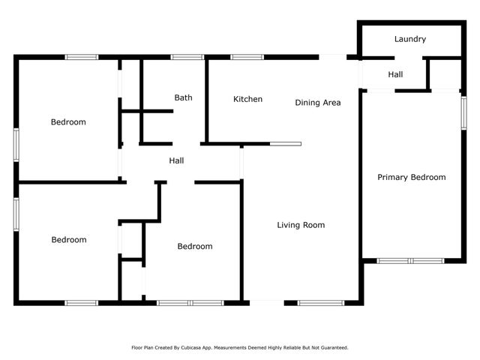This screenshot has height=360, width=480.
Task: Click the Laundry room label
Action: point(409,39)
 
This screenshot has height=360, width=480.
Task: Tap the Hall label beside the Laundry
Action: point(395,74)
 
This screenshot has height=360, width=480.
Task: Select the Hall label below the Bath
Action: point(176,160)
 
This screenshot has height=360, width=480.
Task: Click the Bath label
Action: point(183,97)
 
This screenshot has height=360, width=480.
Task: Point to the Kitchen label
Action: point(247,99)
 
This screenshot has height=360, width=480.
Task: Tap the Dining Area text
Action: point(318,103)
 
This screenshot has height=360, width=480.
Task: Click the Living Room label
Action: point(301,225)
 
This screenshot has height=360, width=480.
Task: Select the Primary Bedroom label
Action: point(411,178)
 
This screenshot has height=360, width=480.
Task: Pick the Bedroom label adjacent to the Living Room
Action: point(194,246)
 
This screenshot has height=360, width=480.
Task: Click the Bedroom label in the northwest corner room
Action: point(68,122)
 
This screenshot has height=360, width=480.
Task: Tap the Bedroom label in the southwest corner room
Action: point(68,240)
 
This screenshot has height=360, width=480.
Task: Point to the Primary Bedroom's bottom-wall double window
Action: point(410,261)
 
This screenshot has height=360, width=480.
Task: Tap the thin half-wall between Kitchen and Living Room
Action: point(286,143)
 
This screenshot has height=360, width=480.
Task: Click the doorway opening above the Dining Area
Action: point(333,57)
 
